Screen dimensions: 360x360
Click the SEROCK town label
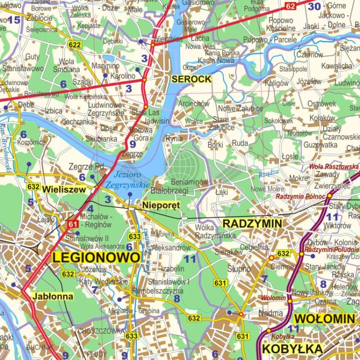click(x=192, y=79)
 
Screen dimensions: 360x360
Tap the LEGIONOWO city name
click(x=96, y=257)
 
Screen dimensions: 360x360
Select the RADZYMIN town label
click(x=252, y=223)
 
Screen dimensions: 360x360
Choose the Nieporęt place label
click(x=161, y=205)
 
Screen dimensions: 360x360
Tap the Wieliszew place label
click(x=64, y=189)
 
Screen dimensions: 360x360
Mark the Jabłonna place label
click(x=53, y=296)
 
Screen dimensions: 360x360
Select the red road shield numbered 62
click(x=290, y=6)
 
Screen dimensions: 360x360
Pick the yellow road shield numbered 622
click(x=74, y=45)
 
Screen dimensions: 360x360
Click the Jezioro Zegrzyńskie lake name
click(x=128, y=180)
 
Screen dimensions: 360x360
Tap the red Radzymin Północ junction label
click(x=300, y=196)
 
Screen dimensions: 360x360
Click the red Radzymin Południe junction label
click(x=331, y=249)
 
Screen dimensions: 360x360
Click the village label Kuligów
click(x=277, y=83)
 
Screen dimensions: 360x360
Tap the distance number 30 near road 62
click(x=314, y=6)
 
